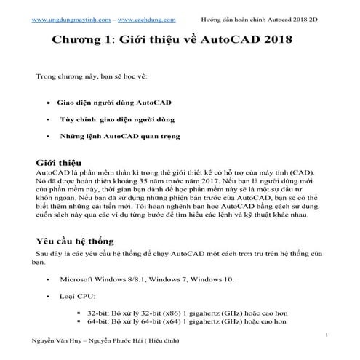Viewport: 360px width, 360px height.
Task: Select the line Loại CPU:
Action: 76,296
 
